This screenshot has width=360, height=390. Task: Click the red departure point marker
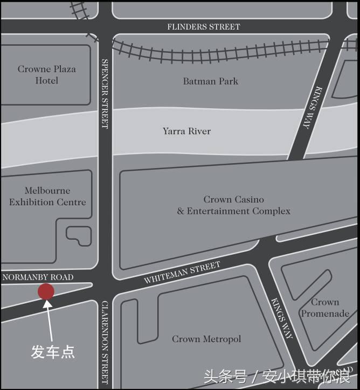tap(46, 291)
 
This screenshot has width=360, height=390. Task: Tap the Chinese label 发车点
tap(52, 352)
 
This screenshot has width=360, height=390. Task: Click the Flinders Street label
tap(203, 26)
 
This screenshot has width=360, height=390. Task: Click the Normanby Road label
tap(38, 277)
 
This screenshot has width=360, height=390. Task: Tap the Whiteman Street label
tap(182, 273)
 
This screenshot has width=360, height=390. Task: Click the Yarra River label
tap(186, 131)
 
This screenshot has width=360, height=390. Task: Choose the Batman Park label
tap(210, 81)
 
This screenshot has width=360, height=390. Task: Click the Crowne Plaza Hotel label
tap(47, 75)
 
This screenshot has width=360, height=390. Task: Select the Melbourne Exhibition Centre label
tap(47, 197)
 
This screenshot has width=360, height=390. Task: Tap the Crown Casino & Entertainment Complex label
tap(233, 205)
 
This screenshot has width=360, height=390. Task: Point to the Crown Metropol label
tap(206, 339)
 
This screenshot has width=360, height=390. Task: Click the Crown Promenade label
tap(325, 308)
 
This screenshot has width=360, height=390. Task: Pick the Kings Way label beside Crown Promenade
tap(282, 318)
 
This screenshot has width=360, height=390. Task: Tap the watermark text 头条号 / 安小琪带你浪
tap(277, 375)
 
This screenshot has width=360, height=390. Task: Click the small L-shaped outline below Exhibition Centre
tap(79, 236)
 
